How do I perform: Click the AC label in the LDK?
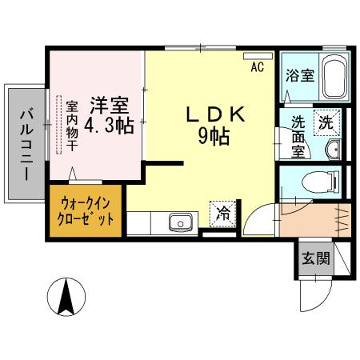(257, 67)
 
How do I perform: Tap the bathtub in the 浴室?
(330, 78)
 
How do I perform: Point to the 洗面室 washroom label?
(298, 137)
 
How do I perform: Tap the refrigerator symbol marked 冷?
(223, 214)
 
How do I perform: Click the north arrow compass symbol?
(66, 298)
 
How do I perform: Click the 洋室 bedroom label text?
(110, 105)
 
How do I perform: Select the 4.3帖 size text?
(110, 126)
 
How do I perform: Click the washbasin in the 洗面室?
(335, 149)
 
